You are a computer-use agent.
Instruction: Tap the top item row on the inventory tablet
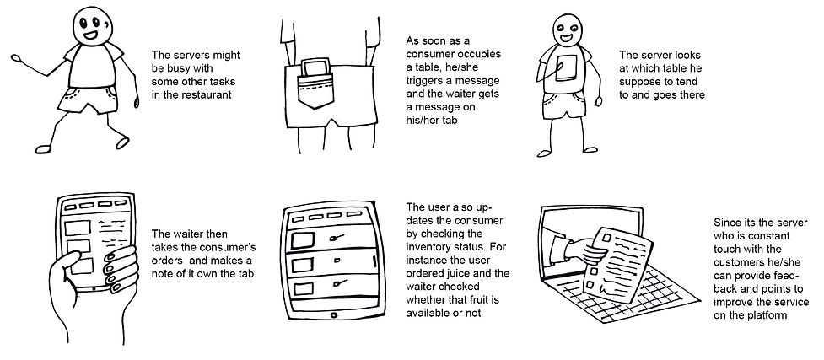pos(323,241)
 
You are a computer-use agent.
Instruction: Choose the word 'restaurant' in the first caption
pos(202,94)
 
